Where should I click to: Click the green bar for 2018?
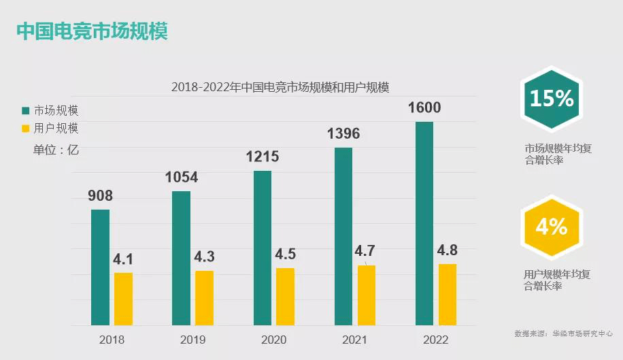coord(100,267)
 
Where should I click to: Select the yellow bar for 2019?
coord(204,298)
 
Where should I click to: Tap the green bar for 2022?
coord(424,223)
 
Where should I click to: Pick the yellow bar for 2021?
coord(367,295)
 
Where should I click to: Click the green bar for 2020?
coord(263,248)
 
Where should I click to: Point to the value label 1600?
coord(424,108)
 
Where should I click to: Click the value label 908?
coord(100,196)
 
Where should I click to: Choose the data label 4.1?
coord(123,259)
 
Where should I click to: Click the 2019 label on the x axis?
coord(192,340)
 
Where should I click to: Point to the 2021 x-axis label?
coord(354,340)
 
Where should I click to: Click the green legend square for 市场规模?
coord(26,110)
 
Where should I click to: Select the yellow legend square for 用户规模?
coord(26,128)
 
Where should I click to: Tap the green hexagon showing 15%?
coord(552,100)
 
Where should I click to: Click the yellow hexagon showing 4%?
coord(552,227)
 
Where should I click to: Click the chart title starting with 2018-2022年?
coord(280,87)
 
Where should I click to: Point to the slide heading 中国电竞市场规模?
coord(92,31)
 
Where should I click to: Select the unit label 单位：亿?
coord(56,150)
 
